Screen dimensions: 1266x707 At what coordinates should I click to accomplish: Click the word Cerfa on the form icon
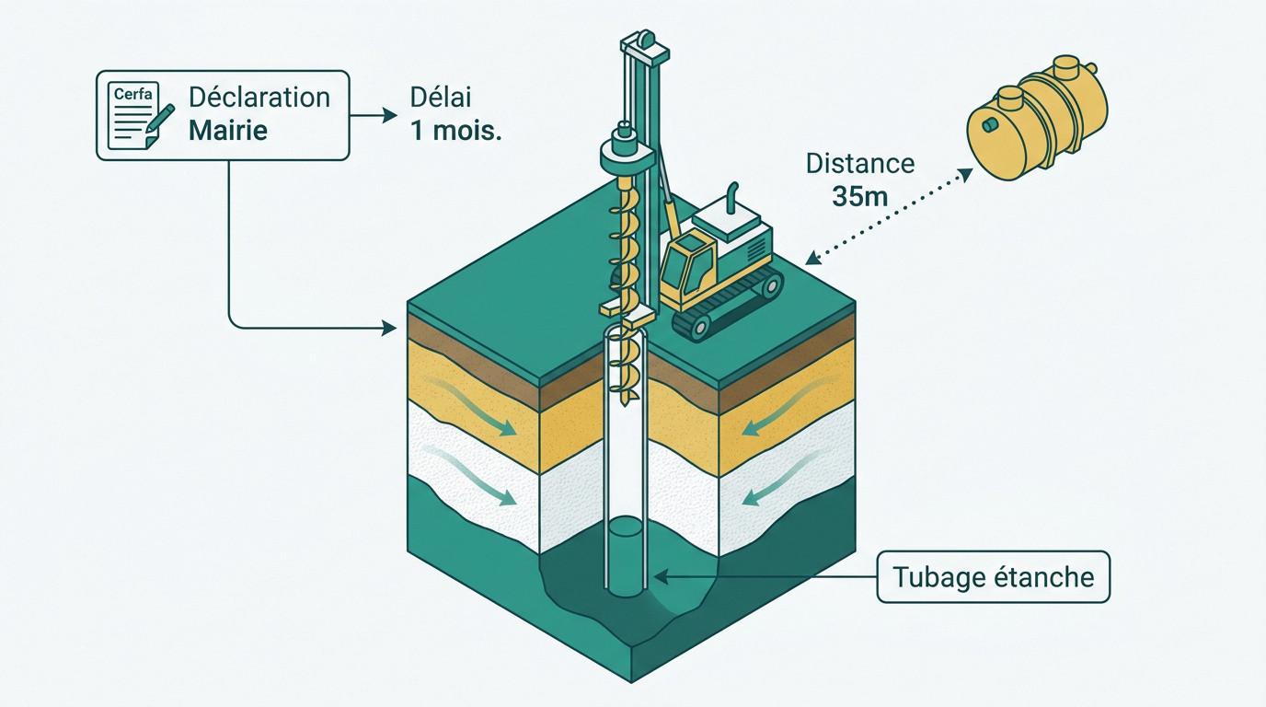click(132, 93)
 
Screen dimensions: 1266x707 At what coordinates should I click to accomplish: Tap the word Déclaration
click(259, 98)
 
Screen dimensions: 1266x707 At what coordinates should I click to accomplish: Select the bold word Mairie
click(228, 130)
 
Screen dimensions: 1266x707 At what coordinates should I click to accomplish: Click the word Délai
click(441, 98)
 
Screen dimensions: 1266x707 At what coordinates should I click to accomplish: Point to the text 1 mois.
click(456, 131)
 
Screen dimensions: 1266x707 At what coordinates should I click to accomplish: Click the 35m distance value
click(860, 196)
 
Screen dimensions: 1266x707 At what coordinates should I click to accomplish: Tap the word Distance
click(860, 164)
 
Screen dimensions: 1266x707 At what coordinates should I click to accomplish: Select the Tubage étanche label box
click(993, 577)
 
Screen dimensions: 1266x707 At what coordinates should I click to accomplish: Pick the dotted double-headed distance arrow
click(889, 216)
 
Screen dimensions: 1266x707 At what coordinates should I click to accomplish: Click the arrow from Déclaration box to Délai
click(374, 115)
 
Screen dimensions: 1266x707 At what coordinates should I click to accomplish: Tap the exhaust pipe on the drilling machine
click(732, 198)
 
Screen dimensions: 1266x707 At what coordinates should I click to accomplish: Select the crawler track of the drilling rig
click(728, 306)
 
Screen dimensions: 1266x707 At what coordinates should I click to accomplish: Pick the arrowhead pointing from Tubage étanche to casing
click(662, 577)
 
